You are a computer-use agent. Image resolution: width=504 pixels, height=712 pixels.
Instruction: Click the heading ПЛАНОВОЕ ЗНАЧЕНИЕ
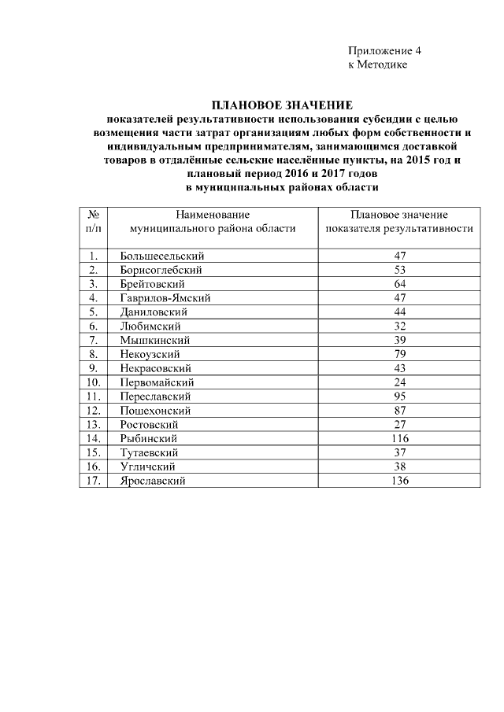(283, 105)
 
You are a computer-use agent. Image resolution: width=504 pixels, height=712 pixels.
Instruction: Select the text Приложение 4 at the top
(385, 50)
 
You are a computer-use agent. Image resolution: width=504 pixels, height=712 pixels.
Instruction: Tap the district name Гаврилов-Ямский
(165, 298)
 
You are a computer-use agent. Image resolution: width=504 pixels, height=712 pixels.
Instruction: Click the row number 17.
(93, 481)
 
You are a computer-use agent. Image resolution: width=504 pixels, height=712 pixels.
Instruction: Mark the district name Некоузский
(150, 355)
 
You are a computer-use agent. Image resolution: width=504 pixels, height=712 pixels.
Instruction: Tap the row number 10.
(93, 382)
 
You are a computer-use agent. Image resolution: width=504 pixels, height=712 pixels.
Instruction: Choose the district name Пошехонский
(155, 411)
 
